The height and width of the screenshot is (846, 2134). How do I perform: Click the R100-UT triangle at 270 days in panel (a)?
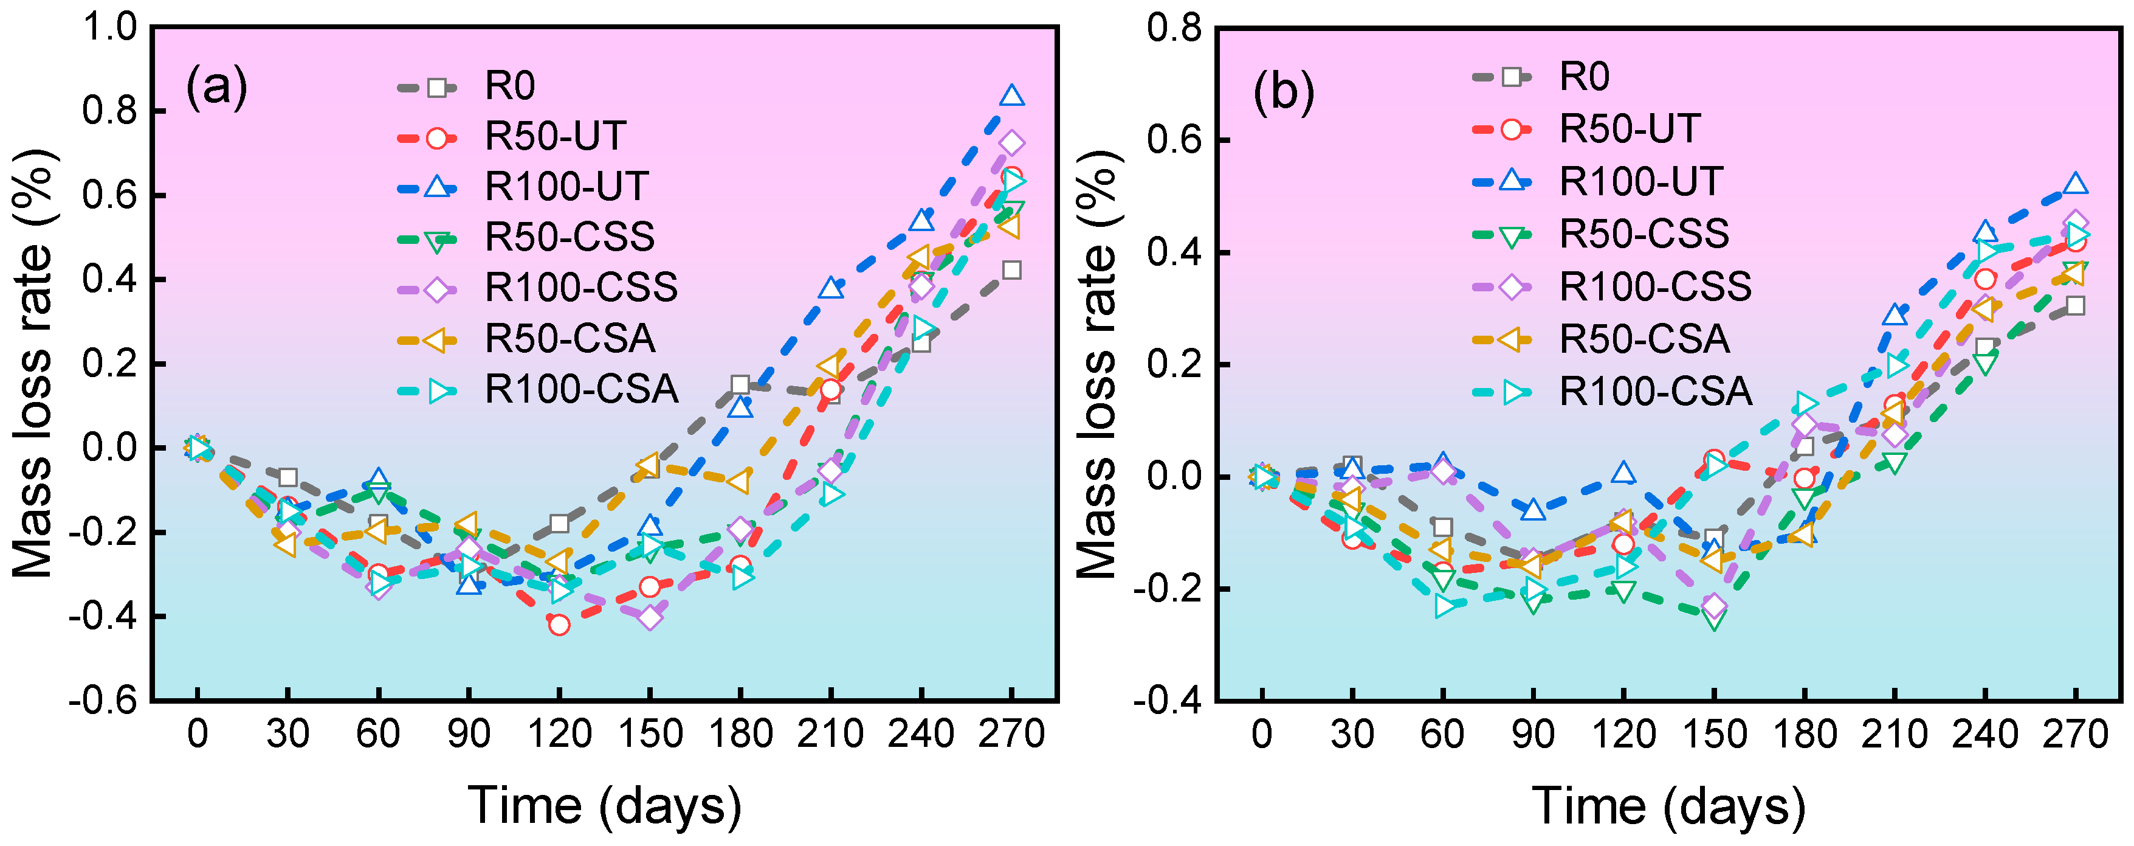[x=1011, y=96]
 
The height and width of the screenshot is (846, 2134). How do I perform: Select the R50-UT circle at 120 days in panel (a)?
[x=559, y=625]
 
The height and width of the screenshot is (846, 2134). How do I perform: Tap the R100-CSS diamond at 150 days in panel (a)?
[x=650, y=617]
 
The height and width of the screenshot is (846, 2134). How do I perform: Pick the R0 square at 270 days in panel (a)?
[x=1011, y=270]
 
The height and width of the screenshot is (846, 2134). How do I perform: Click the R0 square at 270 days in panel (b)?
[x=2075, y=306]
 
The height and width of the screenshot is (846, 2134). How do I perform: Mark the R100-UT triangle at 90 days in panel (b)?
[x=1533, y=510]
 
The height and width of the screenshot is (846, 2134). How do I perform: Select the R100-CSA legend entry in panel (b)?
[x=1612, y=391]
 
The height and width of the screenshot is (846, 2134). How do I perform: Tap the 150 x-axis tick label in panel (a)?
[x=650, y=734]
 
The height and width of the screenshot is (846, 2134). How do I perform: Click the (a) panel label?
[x=217, y=86]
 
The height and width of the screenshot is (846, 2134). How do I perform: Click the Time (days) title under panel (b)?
[x=1668, y=805]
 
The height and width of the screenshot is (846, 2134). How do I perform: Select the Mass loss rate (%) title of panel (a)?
[x=33, y=364]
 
